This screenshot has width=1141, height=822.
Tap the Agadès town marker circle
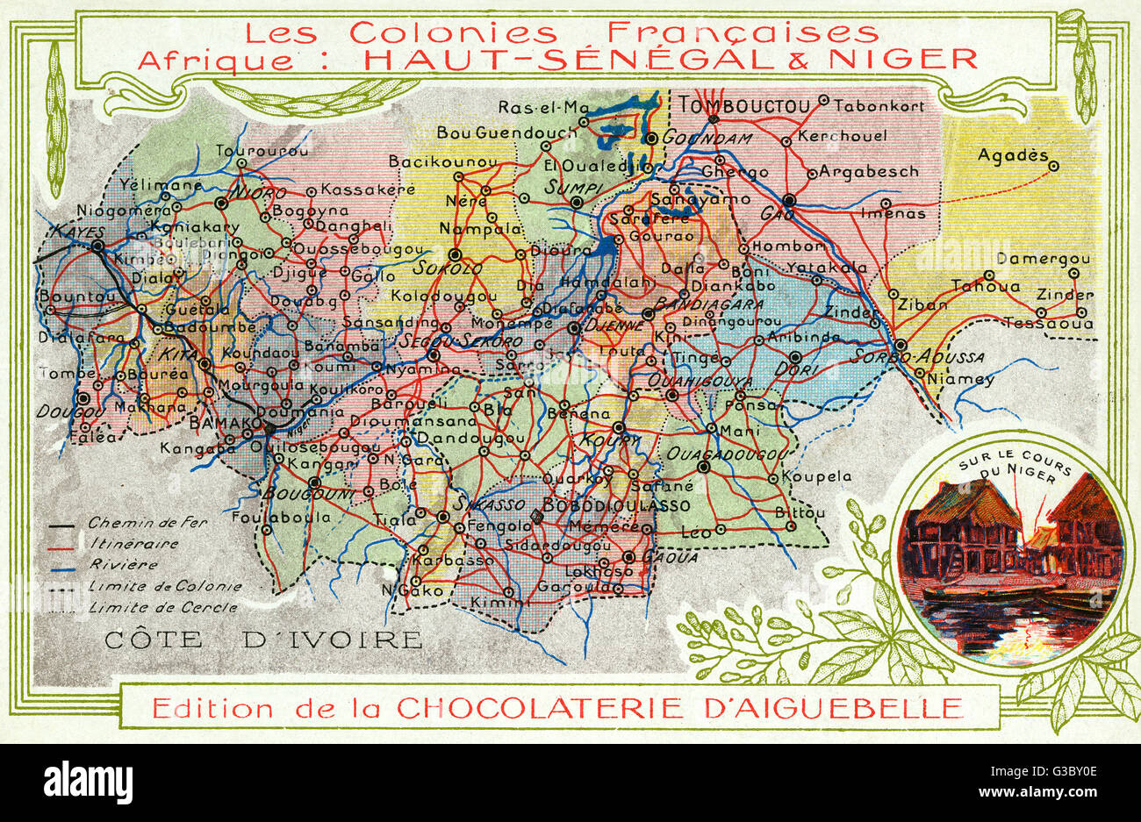[x=1053, y=165]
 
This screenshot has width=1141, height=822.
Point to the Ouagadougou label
[x=724, y=454]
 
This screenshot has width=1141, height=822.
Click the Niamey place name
[x=965, y=380]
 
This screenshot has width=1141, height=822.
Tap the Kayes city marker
[x=97, y=247]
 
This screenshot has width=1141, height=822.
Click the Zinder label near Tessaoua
[x=1065, y=295]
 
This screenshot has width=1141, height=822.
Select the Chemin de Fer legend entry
[x=147, y=523]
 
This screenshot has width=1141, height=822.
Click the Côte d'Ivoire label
[x=262, y=640]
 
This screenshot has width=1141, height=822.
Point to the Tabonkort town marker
[x=823, y=100]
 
